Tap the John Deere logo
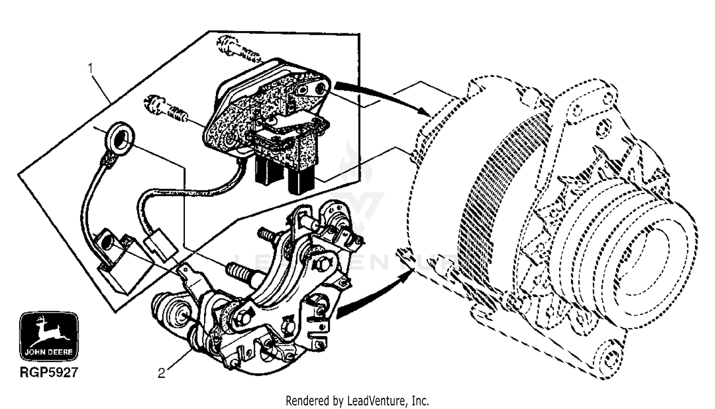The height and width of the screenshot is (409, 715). pyautogui.click(x=49, y=337)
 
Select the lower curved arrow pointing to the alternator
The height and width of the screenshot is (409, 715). pyautogui.click(x=372, y=298)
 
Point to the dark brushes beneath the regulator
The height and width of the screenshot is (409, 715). pyautogui.click(x=281, y=174)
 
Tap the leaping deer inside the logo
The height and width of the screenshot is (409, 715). pyautogui.click(x=49, y=330)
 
